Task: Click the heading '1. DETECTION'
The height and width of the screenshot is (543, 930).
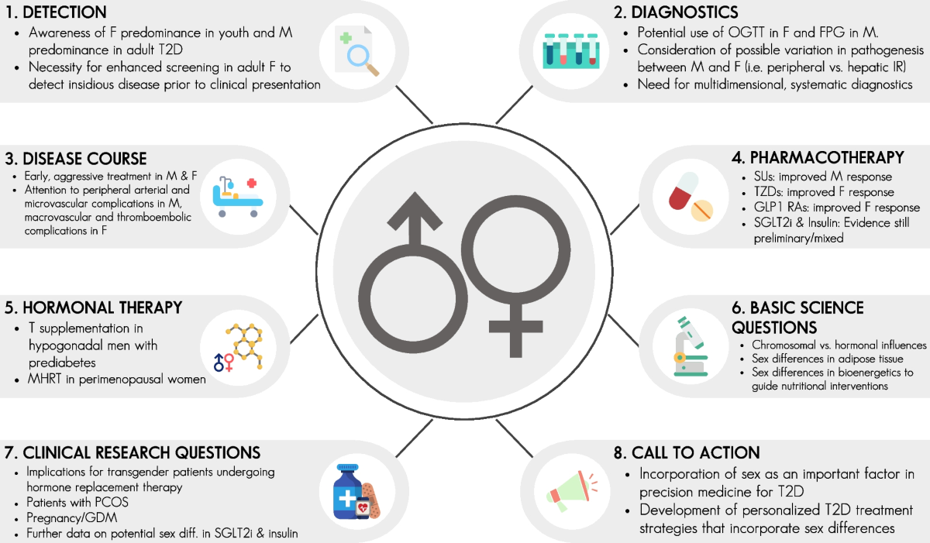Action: coord(56,12)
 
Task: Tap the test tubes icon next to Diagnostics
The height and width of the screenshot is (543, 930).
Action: coord(571,51)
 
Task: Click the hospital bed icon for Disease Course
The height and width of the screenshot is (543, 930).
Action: coord(238,197)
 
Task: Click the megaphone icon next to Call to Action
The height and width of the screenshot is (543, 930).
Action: coord(572,492)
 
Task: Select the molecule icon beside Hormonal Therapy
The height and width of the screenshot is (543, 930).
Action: coord(245,346)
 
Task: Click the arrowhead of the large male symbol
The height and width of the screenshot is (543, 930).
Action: coord(415,210)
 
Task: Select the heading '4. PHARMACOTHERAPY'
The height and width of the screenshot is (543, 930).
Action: coord(818,157)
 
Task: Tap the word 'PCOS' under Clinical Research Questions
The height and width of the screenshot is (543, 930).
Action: coord(112,503)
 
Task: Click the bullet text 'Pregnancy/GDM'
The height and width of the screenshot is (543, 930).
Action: coord(72,517)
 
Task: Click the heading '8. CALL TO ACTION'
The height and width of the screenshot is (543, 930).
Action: coord(687,452)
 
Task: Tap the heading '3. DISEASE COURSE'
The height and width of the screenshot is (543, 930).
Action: coord(76,159)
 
